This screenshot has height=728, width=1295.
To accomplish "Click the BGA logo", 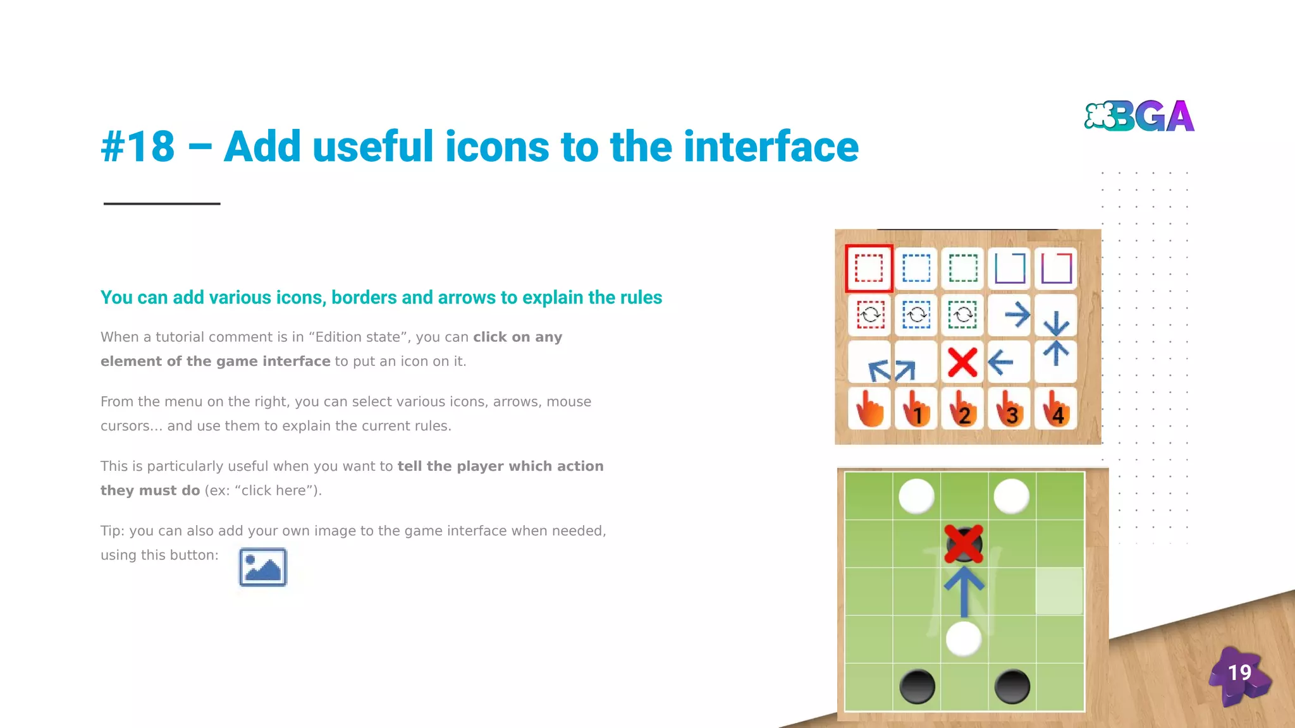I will (x=1139, y=116).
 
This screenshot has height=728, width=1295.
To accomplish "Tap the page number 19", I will (x=1239, y=672).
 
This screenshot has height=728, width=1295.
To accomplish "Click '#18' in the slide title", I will (x=138, y=147).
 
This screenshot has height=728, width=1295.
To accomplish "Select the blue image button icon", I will (x=262, y=567).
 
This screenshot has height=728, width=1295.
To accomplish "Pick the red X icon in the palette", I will (x=962, y=362).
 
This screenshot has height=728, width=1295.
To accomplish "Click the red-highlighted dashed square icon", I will (x=869, y=269).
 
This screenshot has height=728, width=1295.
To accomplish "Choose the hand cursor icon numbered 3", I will (x=1010, y=409).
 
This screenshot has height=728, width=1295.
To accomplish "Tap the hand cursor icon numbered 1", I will (x=916, y=409).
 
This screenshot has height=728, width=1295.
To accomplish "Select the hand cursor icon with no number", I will (x=869, y=409).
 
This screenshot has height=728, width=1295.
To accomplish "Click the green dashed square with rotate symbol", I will (x=962, y=314).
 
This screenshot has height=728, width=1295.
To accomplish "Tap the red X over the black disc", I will (x=964, y=543).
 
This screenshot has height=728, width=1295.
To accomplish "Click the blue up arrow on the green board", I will (x=964, y=591).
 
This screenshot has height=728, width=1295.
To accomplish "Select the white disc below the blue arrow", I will (x=964, y=638).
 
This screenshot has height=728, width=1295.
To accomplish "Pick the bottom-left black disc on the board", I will (x=917, y=686).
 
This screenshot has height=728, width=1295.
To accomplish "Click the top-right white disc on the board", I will (x=1011, y=495).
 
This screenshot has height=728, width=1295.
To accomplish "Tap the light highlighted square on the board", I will (x=1059, y=591).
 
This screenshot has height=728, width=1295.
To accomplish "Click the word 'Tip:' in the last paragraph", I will (x=112, y=531).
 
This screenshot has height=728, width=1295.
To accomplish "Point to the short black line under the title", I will (x=162, y=203).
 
